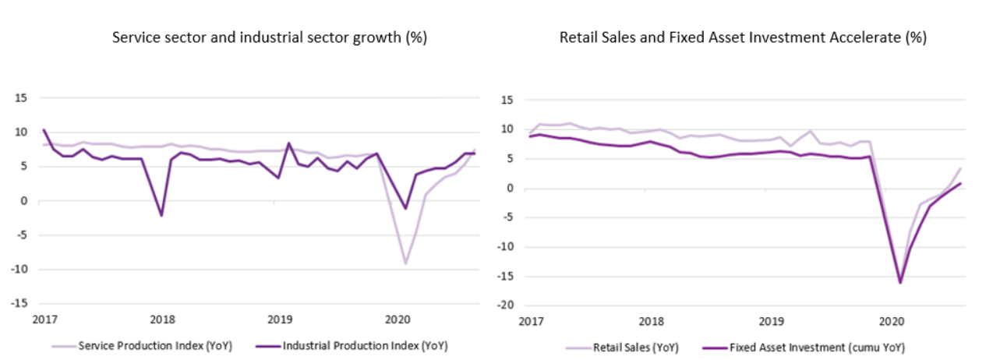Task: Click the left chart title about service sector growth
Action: [x=269, y=37]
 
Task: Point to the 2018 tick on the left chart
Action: [x=162, y=319]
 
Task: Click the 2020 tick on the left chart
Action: [x=398, y=319]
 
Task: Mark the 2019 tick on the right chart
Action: [x=771, y=321]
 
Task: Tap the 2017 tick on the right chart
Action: [x=532, y=321]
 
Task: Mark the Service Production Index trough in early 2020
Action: [x=405, y=263]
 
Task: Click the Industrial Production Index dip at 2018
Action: [x=161, y=215]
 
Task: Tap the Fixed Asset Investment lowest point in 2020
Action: [x=899, y=282]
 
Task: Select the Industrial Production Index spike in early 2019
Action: [x=289, y=143]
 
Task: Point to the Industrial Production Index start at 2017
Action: [x=44, y=130]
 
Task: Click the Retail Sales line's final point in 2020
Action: [x=960, y=168]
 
